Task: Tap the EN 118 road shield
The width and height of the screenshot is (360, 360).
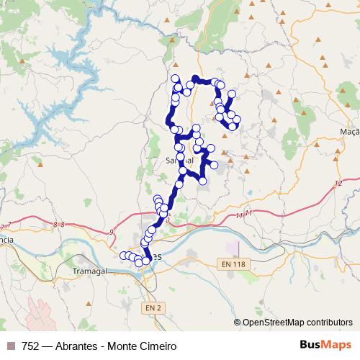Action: pos(239,265)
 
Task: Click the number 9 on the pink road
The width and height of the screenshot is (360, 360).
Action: pos(112,231)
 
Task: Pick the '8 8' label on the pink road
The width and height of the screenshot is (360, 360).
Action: pos(59,225)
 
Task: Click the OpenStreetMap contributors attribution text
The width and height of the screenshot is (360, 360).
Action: pos(297,323)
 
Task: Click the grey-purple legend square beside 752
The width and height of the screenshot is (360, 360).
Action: pos(9,346)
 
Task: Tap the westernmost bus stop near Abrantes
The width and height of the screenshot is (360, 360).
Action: pos(122,255)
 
